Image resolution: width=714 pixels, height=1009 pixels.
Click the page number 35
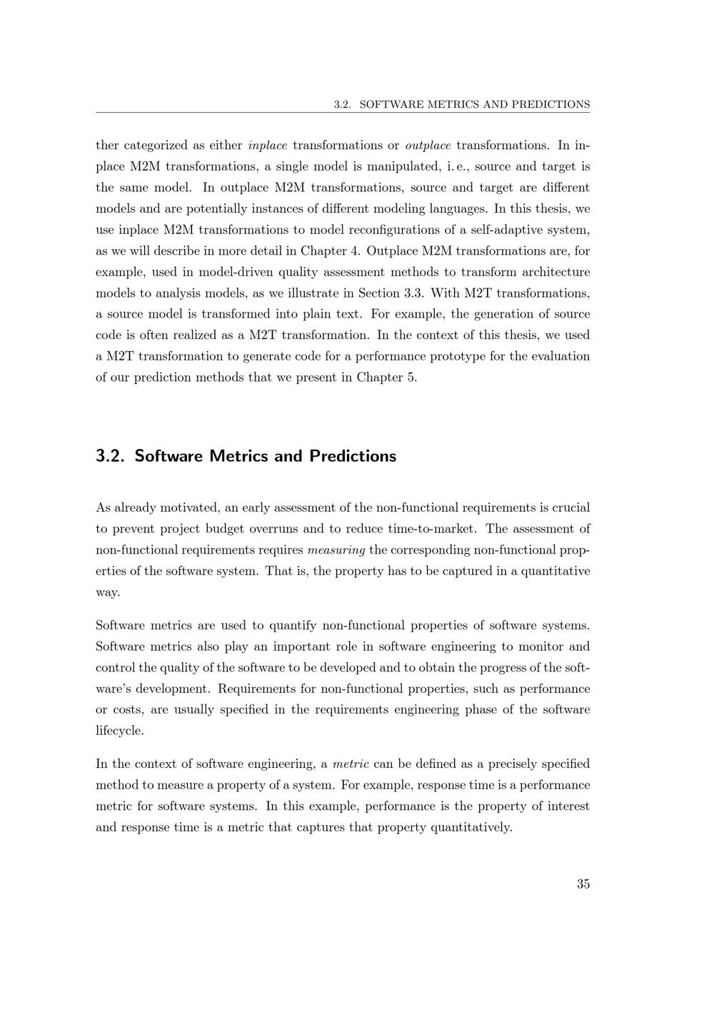click(583, 884)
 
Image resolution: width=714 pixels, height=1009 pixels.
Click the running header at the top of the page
click(462, 104)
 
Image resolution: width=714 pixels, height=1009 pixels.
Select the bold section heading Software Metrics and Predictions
click(246, 456)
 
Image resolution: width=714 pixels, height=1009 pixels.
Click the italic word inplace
click(268, 146)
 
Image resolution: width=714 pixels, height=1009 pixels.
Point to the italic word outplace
click(428, 146)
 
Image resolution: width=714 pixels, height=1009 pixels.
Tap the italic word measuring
click(336, 550)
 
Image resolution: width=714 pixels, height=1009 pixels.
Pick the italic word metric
click(351, 764)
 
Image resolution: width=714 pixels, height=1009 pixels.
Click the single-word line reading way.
click(108, 593)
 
